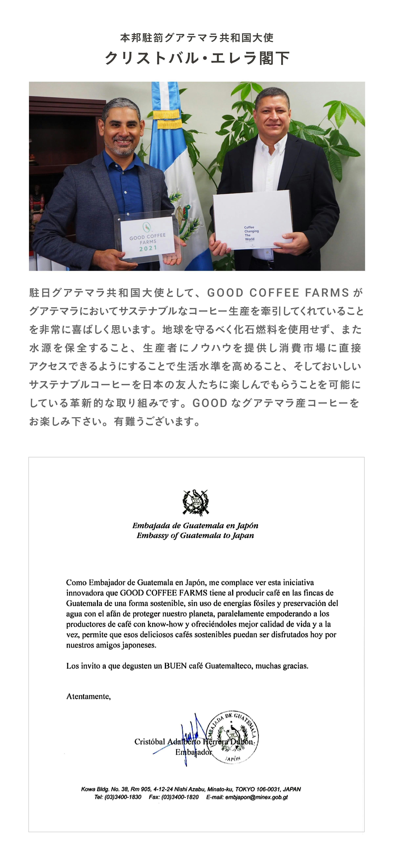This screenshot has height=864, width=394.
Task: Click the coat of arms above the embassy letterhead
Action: (x=196, y=502)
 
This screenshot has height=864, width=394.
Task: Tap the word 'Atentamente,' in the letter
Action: (x=88, y=696)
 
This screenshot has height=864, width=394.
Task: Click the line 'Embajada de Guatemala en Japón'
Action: (x=195, y=526)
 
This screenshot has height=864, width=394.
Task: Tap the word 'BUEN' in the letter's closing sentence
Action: (x=175, y=666)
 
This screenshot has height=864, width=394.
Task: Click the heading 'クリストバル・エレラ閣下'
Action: (x=197, y=58)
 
